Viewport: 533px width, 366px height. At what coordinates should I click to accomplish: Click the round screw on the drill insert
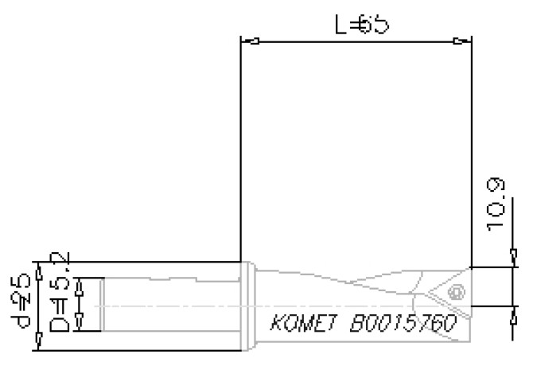click(454, 293)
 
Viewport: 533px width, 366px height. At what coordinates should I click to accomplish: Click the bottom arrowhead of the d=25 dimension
click(40, 345)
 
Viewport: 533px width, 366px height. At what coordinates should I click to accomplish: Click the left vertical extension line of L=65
click(240, 151)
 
